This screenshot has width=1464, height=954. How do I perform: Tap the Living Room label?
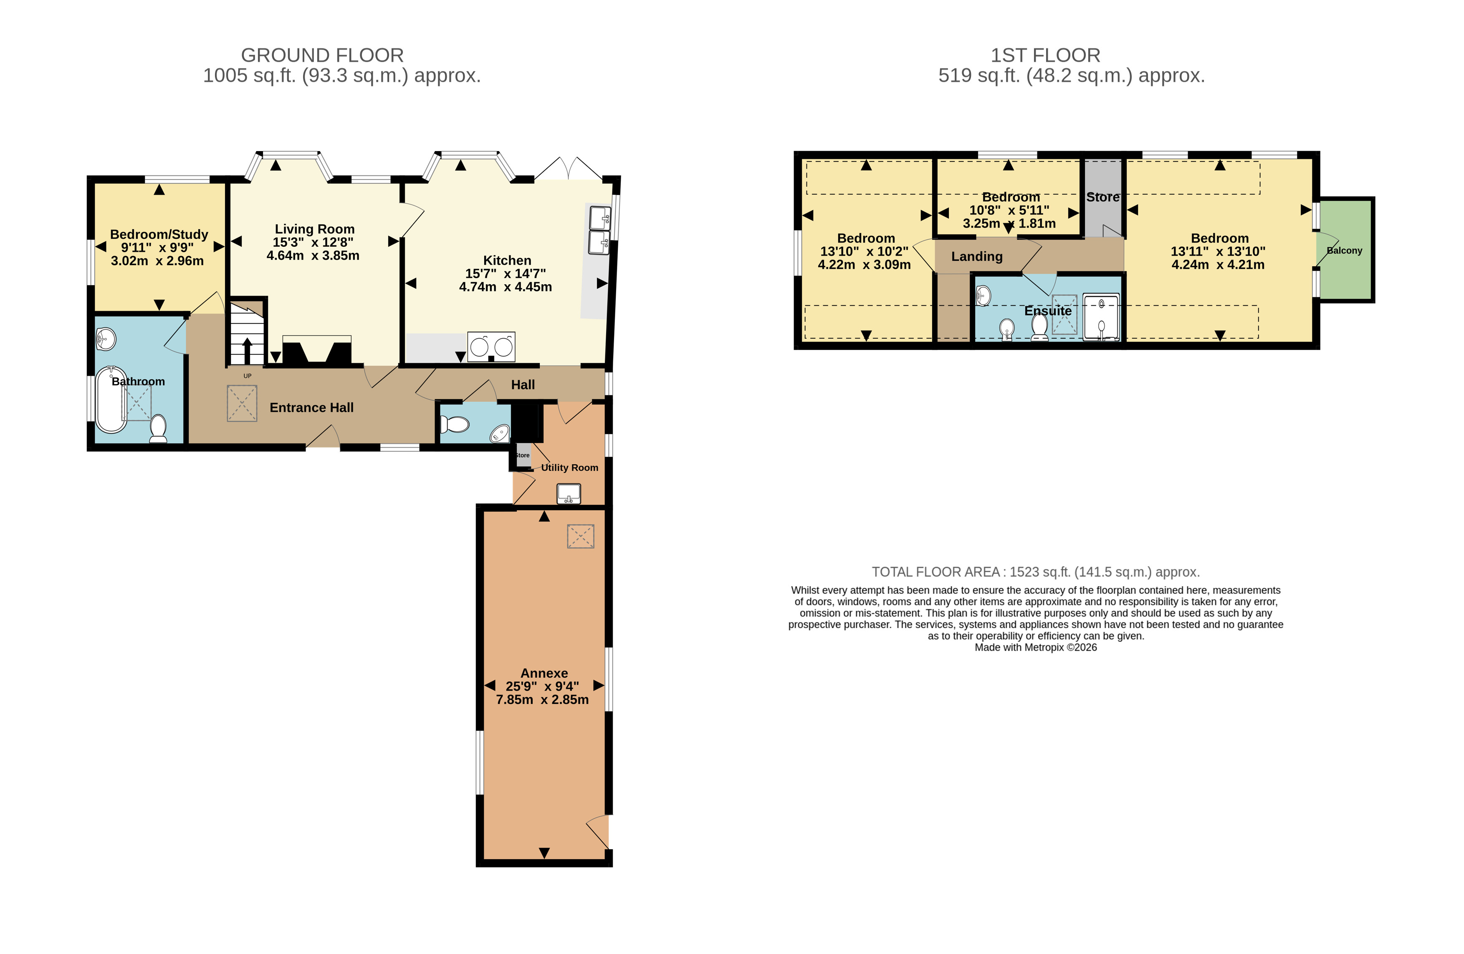click(x=314, y=229)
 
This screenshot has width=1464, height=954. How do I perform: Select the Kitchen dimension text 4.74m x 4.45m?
click(x=505, y=287)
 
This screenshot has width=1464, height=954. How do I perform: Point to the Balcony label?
click(x=1344, y=251)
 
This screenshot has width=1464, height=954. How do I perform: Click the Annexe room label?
click(x=544, y=673)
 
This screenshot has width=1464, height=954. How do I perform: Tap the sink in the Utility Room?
click(x=569, y=494)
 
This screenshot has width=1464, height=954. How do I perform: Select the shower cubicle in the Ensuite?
click(x=1101, y=317)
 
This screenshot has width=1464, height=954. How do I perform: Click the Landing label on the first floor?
click(x=977, y=256)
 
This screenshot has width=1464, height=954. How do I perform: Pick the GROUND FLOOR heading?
click(x=322, y=56)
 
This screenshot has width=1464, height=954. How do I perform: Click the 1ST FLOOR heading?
click(x=1045, y=56)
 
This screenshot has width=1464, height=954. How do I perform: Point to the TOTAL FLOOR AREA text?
click(x=1036, y=572)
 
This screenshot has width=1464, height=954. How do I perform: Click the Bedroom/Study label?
click(x=159, y=234)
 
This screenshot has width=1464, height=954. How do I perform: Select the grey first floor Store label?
click(x=1102, y=197)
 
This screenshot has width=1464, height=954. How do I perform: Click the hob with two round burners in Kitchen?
click(x=491, y=347)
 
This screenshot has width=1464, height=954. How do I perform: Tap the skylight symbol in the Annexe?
click(x=580, y=536)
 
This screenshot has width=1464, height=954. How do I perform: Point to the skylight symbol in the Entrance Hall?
click(x=242, y=403)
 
